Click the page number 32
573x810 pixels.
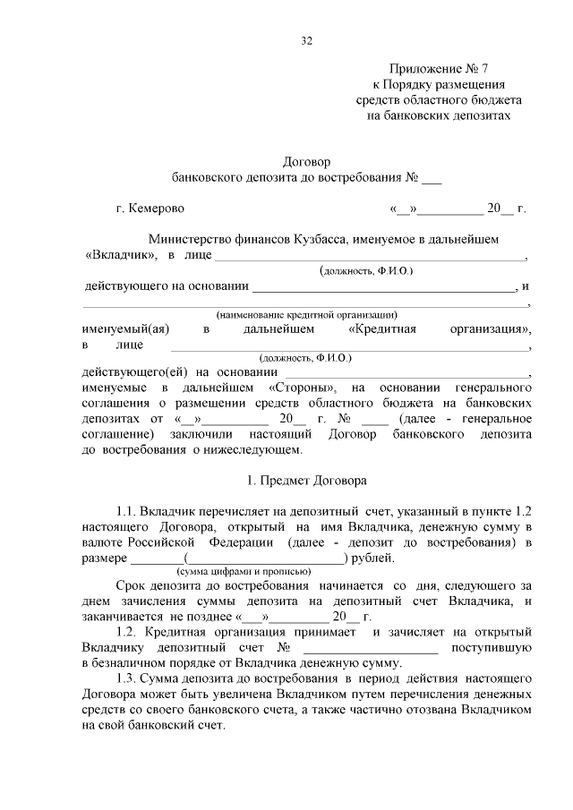click(x=306, y=40)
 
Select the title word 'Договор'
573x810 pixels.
click(x=306, y=162)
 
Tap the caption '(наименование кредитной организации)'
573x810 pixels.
click(x=306, y=315)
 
